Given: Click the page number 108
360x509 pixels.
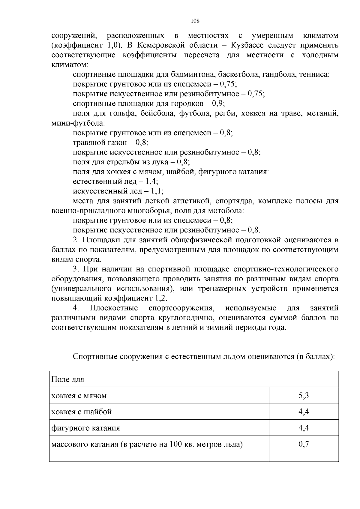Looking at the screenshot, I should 195,21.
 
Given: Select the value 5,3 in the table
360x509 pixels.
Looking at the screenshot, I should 304,395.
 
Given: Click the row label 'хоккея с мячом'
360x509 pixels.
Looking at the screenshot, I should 79,396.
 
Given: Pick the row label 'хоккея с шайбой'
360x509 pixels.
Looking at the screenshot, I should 81,412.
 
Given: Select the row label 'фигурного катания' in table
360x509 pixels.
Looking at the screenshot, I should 85,428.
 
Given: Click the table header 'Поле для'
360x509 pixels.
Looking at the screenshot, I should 67,379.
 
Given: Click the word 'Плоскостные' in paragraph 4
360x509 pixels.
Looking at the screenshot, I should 114,308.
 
